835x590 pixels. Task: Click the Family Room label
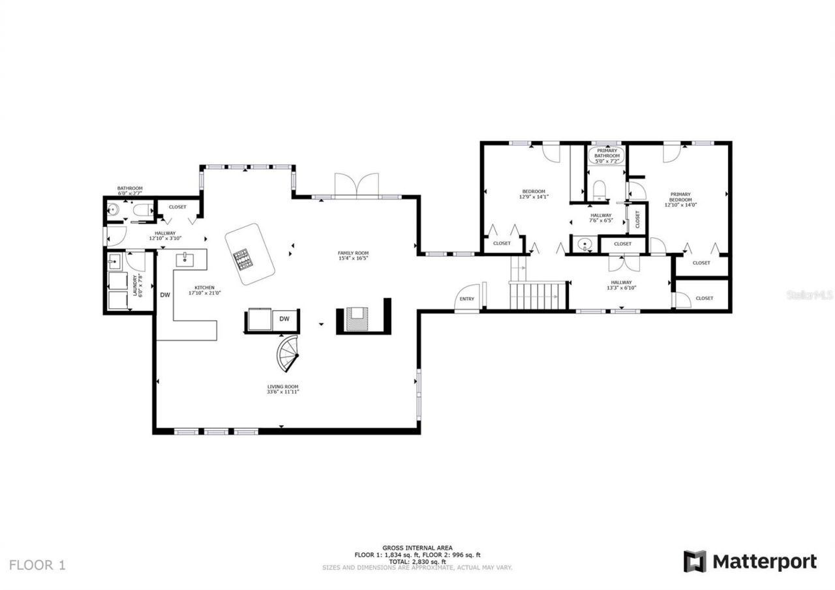pos(353,253)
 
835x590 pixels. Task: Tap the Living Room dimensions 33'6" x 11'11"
pos(282,392)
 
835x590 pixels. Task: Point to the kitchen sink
pos(185,259)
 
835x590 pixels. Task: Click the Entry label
pos(467,299)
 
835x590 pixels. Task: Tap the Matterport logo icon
pos(695,561)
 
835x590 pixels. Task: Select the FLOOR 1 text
pos(37,565)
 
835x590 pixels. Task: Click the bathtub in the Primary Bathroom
pos(607,156)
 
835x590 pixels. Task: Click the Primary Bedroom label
pos(680,196)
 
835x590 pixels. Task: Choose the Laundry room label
pos(136,286)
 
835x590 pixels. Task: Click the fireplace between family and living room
pos(358,319)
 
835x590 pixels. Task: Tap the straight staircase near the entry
pos(537,295)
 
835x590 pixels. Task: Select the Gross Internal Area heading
pos(417,548)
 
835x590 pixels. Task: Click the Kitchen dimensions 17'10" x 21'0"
pos(204,293)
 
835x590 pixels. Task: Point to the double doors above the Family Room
pos(356,184)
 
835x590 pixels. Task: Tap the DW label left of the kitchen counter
pos(165,295)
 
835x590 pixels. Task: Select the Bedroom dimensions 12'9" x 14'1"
pos(533,197)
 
